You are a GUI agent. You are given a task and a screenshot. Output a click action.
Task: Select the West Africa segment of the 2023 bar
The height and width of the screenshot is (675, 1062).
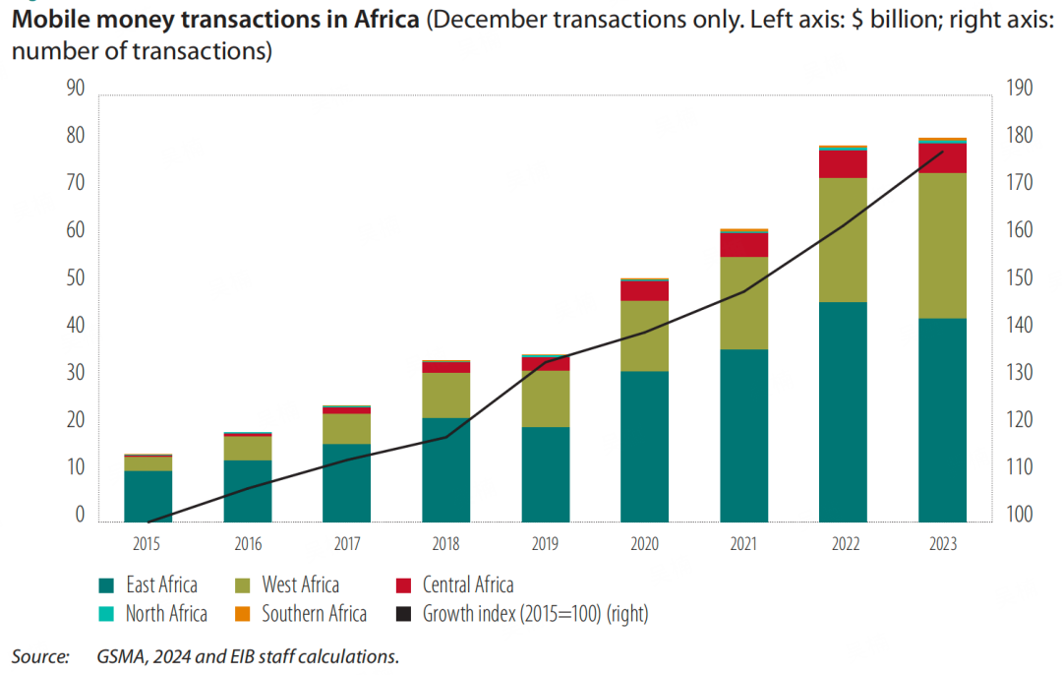pyautogui.click(x=942, y=246)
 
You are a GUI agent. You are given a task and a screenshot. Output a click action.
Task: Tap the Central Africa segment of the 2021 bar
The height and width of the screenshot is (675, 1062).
pyautogui.click(x=743, y=245)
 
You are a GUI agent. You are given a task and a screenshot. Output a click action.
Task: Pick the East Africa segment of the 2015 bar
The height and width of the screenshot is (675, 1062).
pyautogui.click(x=147, y=496)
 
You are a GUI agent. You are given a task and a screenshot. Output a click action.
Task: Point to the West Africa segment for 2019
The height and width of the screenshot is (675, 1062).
pyautogui.click(x=546, y=399)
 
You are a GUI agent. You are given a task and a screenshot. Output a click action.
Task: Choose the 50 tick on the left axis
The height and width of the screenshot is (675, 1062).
pyautogui.click(x=76, y=279)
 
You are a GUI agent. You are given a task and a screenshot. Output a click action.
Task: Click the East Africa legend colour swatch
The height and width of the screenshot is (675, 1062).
pyautogui.click(x=105, y=586)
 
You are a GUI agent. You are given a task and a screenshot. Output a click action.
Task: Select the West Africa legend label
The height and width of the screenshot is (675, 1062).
pyautogui.click(x=300, y=585)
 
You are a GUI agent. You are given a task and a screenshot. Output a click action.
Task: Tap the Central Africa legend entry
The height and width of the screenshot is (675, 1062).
pyautogui.click(x=468, y=585)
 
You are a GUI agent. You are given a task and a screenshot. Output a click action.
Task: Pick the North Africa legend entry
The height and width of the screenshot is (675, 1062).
pyautogui.click(x=166, y=614)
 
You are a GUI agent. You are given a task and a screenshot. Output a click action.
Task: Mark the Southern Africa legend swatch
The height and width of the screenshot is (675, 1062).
pyautogui.click(x=241, y=615)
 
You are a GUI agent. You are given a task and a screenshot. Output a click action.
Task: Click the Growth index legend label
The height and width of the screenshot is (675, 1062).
pyautogui.click(x=535, y=614)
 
